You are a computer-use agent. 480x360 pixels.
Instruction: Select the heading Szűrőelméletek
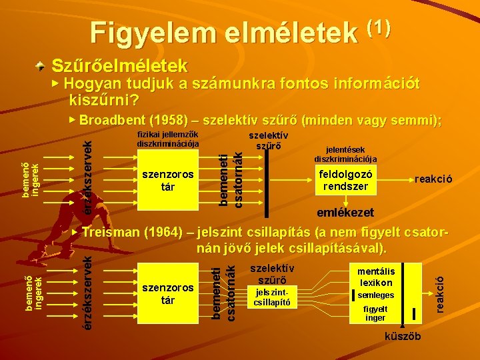[x=119, y=66]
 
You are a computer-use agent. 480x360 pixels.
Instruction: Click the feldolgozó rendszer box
[x=345, y=180]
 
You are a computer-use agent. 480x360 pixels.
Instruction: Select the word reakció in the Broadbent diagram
[x=433, y=179]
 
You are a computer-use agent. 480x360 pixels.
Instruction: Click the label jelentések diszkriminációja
[x=345, y=155]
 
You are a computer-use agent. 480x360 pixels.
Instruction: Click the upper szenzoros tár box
[x=168, y=180]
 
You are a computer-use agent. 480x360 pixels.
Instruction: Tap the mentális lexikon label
[x=376, y=277]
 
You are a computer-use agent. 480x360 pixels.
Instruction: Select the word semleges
[x=376, y=295]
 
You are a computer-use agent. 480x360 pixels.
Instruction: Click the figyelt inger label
[x=375, y=313]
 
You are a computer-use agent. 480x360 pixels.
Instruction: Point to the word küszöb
[x=403, y=337]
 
